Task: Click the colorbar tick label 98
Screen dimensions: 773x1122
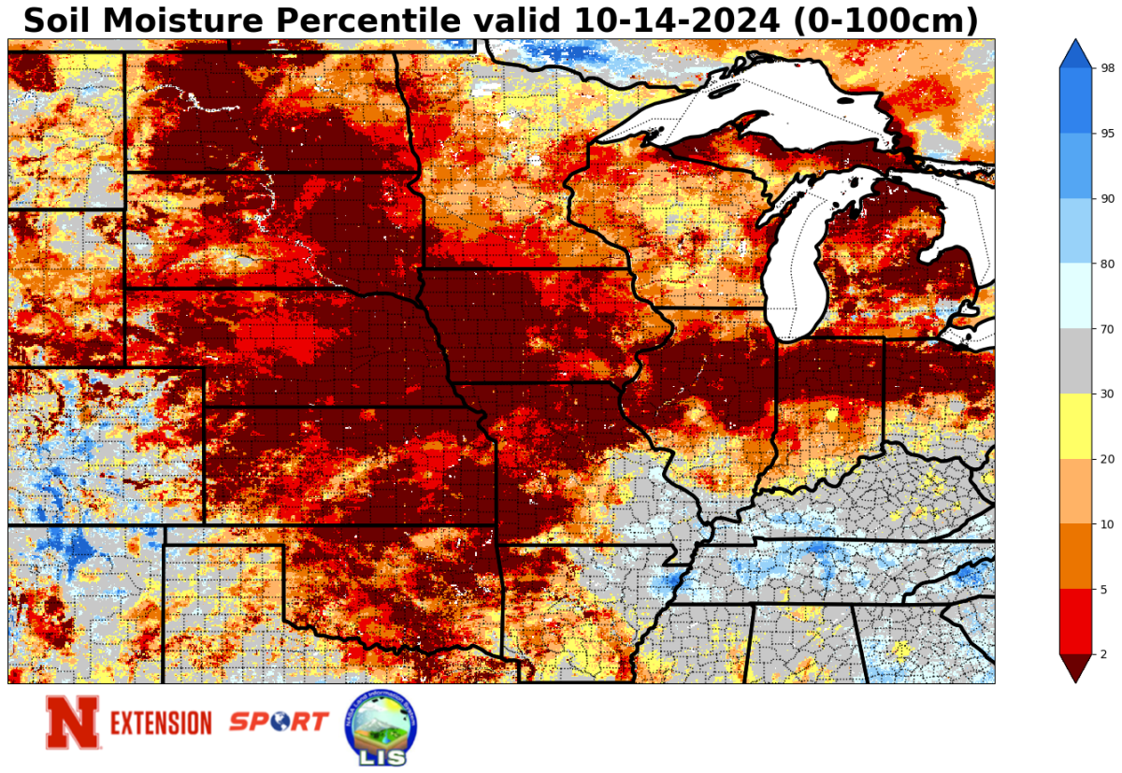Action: pos(1107,68)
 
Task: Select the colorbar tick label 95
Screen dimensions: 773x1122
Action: pos(1107,134)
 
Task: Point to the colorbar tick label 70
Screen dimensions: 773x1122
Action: pos(1107,329)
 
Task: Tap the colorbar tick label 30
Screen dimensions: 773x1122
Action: pos(1107,394)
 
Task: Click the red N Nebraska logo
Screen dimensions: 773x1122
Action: pos(72,723)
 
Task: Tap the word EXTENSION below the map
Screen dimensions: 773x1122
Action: pos(162,723)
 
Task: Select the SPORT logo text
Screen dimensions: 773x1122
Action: pos(279,722)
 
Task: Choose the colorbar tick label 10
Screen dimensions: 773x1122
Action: pos(1107,523)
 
